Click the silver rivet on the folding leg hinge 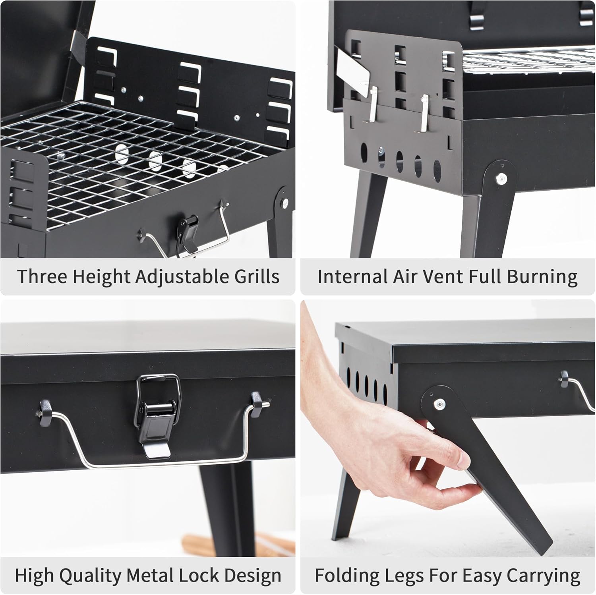click(x=439, y=404)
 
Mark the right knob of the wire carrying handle click(x=257, y=400)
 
